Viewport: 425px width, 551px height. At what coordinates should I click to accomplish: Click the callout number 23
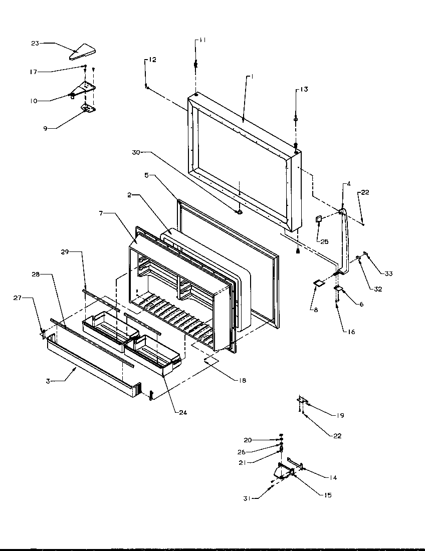pyautogui.click(x=35, y=44)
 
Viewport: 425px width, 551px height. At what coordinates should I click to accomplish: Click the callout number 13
pyautogui.click(x=304, y=90)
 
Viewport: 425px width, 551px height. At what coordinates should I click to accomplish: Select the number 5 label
pyautogui.click(x=146, y=176)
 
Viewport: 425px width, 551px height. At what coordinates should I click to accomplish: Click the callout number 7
pyautogui.click(x=100, y=214)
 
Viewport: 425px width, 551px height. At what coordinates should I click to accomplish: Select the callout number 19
pyautogui.click(x=340, y=415)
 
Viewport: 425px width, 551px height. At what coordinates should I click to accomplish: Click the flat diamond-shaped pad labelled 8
pyautogui.click(x=317, y=284)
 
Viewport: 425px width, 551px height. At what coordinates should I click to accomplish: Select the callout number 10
pyautogui.click(x=34, y=101)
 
